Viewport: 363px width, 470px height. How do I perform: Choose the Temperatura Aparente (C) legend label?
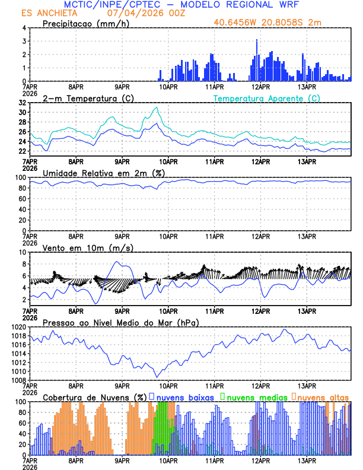(x=267, y=98)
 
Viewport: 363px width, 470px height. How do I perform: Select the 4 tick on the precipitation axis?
(x=24, y=28)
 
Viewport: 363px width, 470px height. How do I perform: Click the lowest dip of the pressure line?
(x=157, y=377)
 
